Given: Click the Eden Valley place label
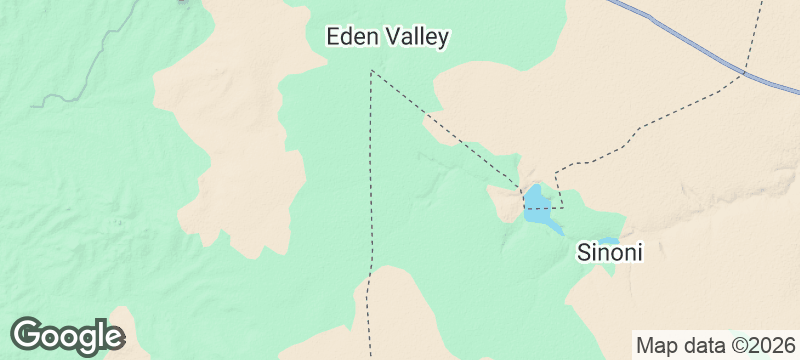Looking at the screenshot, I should click(388, 38).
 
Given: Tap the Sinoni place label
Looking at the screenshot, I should click(609, 253).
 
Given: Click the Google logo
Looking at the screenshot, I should click(67, 336).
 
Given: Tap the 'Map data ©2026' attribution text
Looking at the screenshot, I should click(716, 346).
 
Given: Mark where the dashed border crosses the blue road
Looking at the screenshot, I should click(746, 72).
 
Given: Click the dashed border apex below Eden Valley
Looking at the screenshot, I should click(372, 71).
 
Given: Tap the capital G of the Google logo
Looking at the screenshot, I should click(30, 335).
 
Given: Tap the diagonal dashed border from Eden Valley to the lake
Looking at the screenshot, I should click(445, 130).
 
